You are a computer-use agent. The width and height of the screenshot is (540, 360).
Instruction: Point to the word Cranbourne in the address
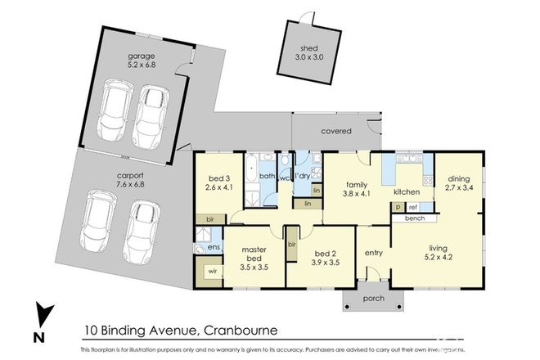point(239,331)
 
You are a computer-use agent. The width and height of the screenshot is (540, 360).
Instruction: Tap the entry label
point(374,253)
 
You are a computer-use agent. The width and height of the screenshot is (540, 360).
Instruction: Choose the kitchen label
point(407,192)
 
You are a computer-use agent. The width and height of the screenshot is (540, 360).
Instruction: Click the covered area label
point(336,130)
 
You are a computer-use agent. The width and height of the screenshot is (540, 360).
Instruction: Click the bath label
point(267,176)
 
